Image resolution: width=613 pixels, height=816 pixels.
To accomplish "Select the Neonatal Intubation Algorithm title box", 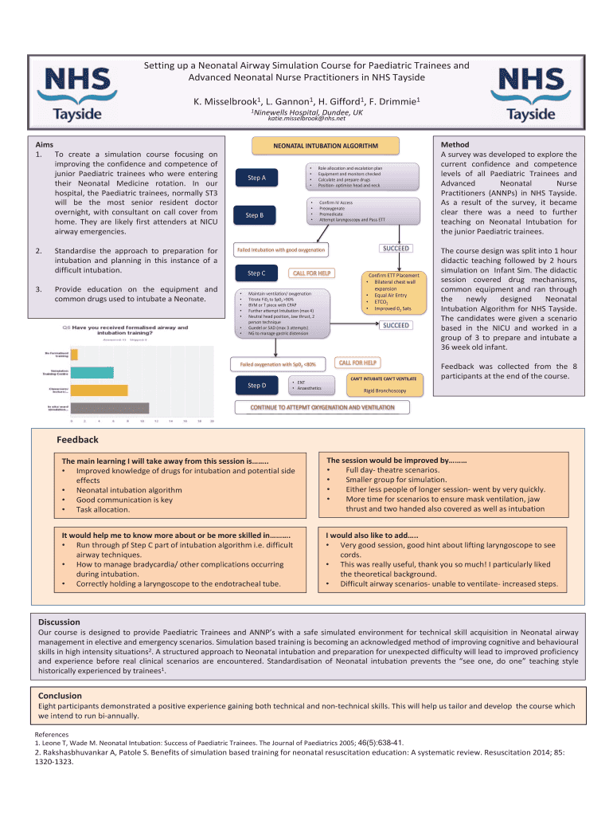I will click(326, 147).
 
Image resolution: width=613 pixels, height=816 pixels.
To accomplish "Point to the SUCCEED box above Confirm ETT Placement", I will click(396, 249).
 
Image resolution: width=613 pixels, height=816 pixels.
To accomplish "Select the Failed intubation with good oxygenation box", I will click(281, 250).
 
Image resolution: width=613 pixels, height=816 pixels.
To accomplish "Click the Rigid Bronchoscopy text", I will click(385, 391).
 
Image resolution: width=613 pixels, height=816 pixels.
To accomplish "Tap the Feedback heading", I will click(77, 440).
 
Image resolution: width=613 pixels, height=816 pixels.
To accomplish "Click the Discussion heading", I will click(60, 622).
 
